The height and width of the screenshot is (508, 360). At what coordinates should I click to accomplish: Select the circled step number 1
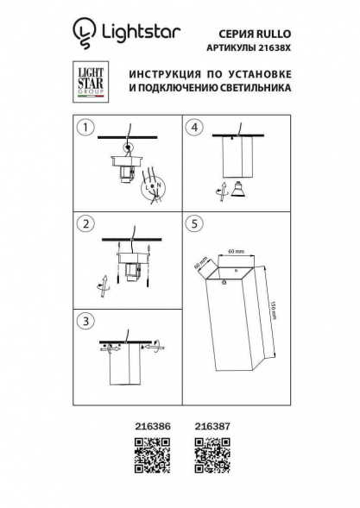pyautogui.click(x=85, y=129)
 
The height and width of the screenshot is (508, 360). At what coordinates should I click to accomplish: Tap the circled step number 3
pyautogui.click(x=85, y=323)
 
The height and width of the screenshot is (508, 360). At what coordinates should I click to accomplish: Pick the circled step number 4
pyautogui.click(x=195, y=129)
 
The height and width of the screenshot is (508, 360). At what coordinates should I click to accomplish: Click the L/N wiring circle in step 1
pyautogui.click(x=155, y=185)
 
